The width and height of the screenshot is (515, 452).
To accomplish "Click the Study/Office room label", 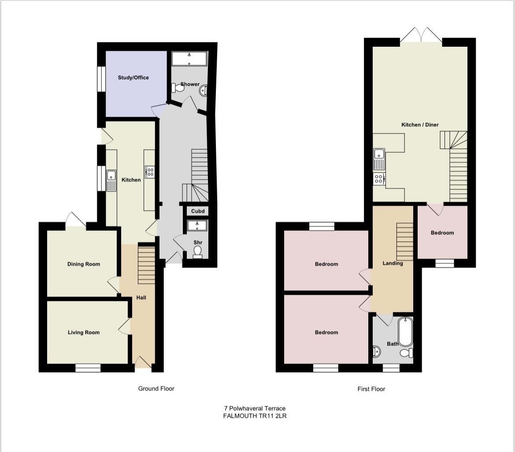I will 133,78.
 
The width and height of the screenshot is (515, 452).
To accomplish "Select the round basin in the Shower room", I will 204,90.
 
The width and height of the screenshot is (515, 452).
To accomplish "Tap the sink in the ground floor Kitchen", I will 111,180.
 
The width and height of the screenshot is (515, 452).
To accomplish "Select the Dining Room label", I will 83,264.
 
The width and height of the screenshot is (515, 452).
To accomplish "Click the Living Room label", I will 83,333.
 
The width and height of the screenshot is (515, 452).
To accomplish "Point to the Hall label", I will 141,298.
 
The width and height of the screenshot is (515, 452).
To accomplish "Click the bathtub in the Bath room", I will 405,331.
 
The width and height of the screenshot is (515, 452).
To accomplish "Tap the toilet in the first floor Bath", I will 406,353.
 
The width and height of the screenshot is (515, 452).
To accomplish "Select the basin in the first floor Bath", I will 377,352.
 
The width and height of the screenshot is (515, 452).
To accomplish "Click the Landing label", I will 393,263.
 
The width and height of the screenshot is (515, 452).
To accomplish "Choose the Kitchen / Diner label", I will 420,125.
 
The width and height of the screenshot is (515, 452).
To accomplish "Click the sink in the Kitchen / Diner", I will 379,159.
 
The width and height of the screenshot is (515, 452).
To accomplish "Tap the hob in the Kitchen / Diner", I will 379,178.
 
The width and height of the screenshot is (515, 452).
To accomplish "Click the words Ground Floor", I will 156,389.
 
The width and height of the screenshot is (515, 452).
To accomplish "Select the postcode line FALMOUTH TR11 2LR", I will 255,415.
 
